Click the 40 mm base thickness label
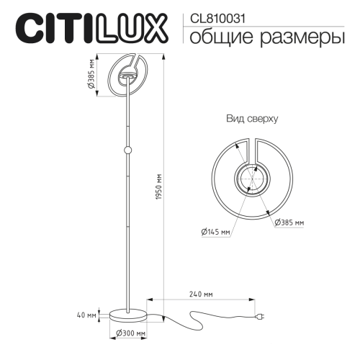pyautogui.click(x=86, y=315)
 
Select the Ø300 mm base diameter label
pyautogui.click(x=131, y=334)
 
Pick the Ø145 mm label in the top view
pyautogui.click(x=216, y=232)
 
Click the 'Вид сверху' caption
pyautogui.click(x=252, y=117)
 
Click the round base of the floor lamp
pyautogui.click(x=131, y=313)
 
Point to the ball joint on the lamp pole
pyautogui.click(x=129, y=150)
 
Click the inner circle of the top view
pyautogui.click(x=252, y=179)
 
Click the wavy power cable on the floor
pyautogui.click(x=194, y=317)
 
